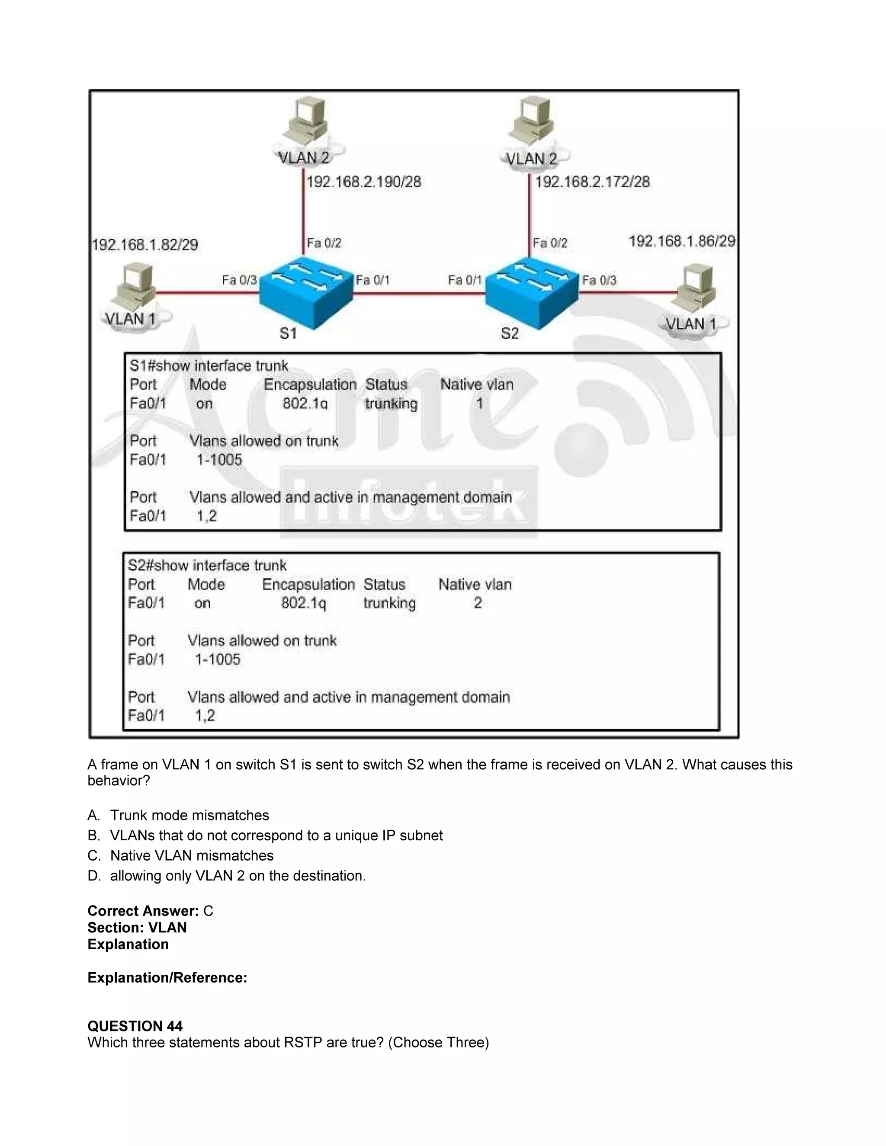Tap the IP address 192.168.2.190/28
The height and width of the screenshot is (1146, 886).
pyautogui.click(x=364, y=182)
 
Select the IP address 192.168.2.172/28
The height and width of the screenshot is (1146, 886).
pyautogui.click(x=592, y=182)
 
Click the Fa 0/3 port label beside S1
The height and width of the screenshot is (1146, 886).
pyautogui.click(x=239, y=280)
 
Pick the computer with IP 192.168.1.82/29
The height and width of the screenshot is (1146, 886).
pyautogui.click(x=134, y=288)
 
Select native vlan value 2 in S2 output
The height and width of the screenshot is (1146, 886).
pyautogui.click(x=478, y=603)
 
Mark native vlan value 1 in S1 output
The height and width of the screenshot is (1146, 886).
pyautogui.click(x=479, y=403)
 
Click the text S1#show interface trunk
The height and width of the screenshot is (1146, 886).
pyautogui.click(x=209, y=366)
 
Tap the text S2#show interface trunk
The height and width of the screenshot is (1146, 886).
pyautogui.click(x=207, y=565)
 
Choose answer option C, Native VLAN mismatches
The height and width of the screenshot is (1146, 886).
pyautogui.click(x=192, y=856)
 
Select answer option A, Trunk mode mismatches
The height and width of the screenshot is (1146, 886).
pyautogui.click(x=189, y=816)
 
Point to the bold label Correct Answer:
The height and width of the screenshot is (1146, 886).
pyautogui.click(x=143, y=911)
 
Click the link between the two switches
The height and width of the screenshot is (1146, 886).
pyautogui.click(x=419, y=294)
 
